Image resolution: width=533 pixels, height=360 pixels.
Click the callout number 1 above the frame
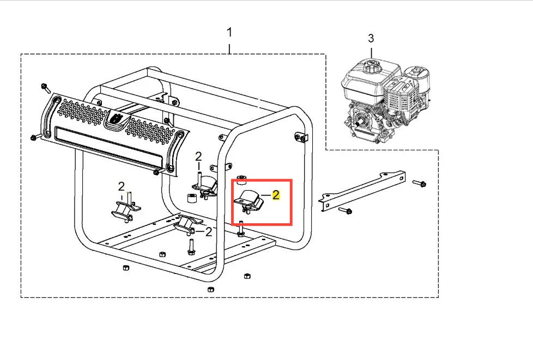[229, 33]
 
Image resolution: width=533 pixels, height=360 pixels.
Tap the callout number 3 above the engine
[371, 38]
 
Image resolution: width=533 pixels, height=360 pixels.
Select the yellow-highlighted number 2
[276, 195]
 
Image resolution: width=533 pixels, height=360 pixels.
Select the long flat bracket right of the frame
[362, 190]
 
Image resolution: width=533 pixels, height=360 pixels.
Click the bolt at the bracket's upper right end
[420, 184]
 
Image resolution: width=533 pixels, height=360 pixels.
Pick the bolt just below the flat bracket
[346, 211]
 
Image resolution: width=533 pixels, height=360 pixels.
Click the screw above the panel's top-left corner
[46, 88]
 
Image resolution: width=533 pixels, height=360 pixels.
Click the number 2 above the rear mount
[198, 156]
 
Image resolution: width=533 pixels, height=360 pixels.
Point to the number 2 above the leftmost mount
[122, 186]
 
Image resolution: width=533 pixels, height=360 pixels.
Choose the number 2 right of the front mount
[209, 232]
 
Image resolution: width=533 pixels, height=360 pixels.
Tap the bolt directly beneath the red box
[240, 229]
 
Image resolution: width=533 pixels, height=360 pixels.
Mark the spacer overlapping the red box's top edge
[241, 180]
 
